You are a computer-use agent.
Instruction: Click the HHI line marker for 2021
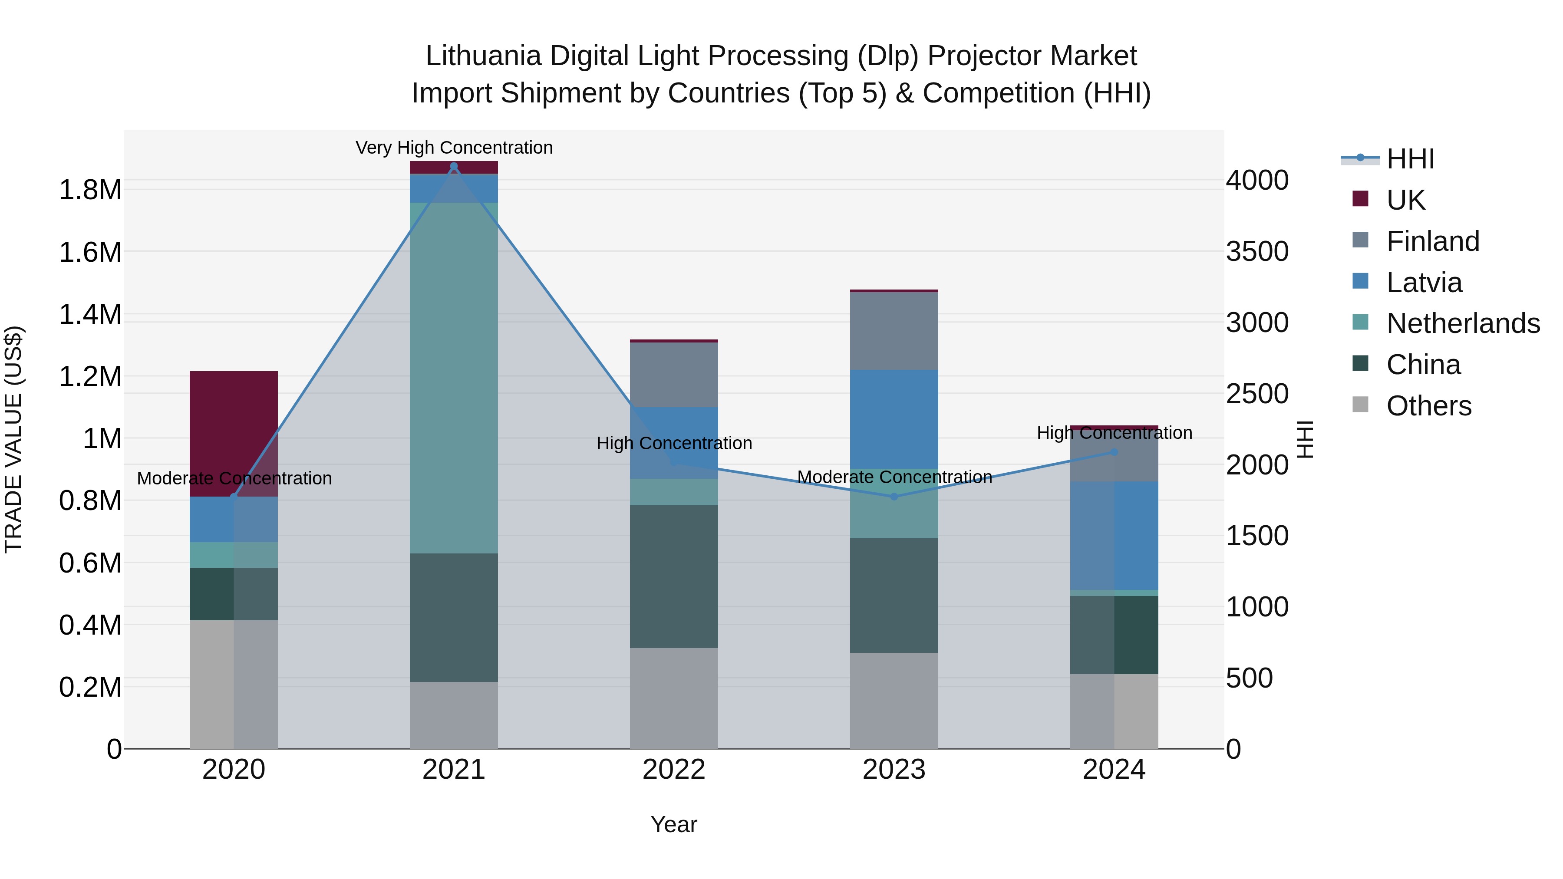[454, 166]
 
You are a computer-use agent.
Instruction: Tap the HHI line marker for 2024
[1114, 452]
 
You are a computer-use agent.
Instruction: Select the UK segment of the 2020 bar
[234, 433]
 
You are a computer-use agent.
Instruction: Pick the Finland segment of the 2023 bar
[894, 331]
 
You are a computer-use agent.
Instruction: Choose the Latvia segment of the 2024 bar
[1114, 535]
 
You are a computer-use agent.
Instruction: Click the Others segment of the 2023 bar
[894, 700]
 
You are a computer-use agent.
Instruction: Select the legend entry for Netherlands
[1463, 323]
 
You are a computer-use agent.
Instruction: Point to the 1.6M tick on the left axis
[90, 252]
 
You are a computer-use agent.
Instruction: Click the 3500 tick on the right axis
[1257, 251]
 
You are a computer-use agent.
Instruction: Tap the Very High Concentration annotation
[454, 148]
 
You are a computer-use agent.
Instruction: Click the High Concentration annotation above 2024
[1114, 432]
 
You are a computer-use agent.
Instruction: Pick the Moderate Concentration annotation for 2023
[894, 477]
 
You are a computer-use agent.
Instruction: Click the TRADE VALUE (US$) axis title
[13, 439]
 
